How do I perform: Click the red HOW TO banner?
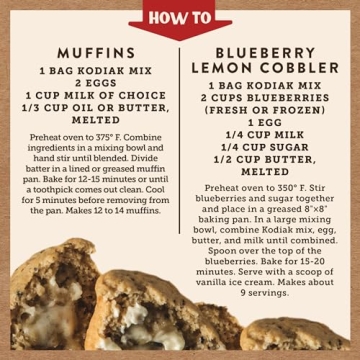[180, 16]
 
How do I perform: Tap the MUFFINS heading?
[89, 51]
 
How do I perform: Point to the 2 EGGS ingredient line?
[89, 85]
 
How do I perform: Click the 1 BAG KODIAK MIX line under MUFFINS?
[89, 72]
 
